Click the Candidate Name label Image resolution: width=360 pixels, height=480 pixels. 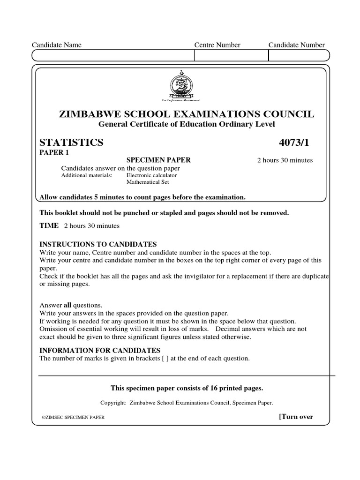tap(56, 45)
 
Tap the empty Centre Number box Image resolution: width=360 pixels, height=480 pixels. tap(231, 56)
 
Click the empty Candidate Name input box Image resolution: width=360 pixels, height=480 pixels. tap(112, 56)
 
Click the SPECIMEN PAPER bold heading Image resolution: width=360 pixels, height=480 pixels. tap(158, 160)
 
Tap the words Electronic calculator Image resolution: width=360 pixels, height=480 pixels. tap(152, 175)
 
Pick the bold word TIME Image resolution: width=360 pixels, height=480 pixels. tap(49, 226)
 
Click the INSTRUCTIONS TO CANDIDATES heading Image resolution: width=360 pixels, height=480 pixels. tap(98, 244)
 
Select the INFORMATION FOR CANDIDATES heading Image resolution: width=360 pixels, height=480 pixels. tap(100, 350)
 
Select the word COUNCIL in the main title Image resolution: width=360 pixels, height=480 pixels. tap(291, 114)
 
